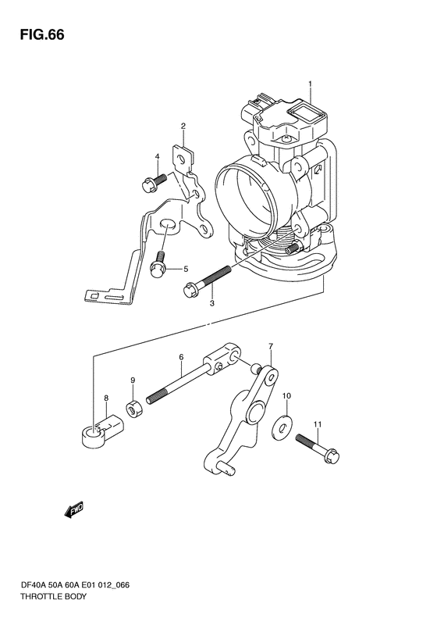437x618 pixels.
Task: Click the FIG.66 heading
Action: [42, 34]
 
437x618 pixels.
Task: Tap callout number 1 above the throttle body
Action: [311, 84]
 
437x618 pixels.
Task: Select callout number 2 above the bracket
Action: [183, 126]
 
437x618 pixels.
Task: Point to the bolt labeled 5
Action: [158, 263]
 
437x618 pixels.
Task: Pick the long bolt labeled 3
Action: [207, 280]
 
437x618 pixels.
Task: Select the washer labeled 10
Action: [282, 426]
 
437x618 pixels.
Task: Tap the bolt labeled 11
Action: [317, 448]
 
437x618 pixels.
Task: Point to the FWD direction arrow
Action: [74, 510]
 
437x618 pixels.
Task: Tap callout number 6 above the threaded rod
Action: [181, 357]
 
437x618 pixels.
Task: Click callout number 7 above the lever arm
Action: [271, 346]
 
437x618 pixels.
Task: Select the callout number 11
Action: [318, 424]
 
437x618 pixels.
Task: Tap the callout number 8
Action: [106, 398]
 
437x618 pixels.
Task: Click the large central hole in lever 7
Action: [255, 409]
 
